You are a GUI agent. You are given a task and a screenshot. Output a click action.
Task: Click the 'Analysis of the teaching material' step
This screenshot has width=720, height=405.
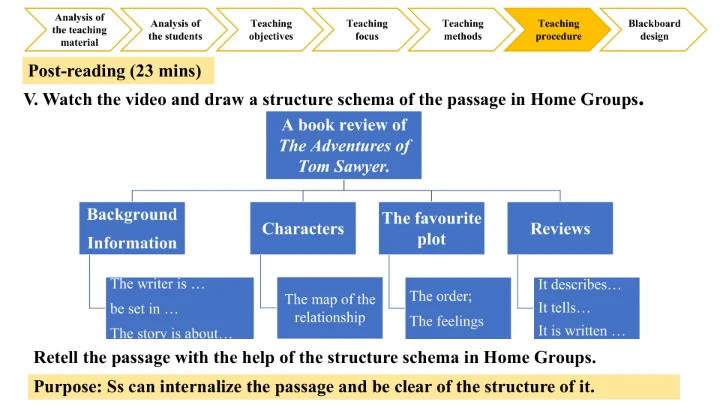click(x=79, y=30)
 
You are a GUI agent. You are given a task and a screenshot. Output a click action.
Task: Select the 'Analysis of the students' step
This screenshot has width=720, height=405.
click(x=175, y=30)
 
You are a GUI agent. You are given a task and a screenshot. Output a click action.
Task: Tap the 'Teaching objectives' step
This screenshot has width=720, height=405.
click(x=271, y=30)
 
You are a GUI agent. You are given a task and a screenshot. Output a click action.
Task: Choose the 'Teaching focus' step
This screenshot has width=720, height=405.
click(x=367, y=30)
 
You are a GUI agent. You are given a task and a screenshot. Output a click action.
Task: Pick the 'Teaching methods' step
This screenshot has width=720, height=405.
click(x=462, y=30)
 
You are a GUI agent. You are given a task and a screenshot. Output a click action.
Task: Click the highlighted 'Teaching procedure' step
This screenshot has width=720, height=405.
click(x=558, y=30)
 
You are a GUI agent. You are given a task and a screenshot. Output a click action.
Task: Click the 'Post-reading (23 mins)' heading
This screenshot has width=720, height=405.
click(x=115, y=71)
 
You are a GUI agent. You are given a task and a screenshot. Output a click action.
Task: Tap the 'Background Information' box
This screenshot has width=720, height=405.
click(x=131, y=228)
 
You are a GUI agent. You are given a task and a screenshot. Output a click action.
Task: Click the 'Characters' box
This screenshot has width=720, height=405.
click(x=303, y=229)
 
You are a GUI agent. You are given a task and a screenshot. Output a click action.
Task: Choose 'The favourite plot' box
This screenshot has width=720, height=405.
click(x=431, y=229)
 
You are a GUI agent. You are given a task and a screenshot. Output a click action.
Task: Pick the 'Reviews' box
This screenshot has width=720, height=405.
click(x=560, y=229)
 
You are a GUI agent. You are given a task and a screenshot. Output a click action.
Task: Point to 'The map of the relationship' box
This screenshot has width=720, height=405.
click(x=330, y=308)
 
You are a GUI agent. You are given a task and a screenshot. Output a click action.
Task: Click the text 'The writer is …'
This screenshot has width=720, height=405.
click(x=158, y=285)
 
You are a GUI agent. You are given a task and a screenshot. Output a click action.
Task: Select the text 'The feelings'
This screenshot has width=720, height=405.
click(x=446, y=321)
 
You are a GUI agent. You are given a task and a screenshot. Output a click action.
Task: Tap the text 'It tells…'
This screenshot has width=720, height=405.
click(x=564, y=308)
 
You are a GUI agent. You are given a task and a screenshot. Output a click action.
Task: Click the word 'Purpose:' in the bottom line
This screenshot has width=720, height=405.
click(x=67, y=387)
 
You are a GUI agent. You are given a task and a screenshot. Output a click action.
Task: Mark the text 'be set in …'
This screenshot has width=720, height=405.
click(x=144, y=309)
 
